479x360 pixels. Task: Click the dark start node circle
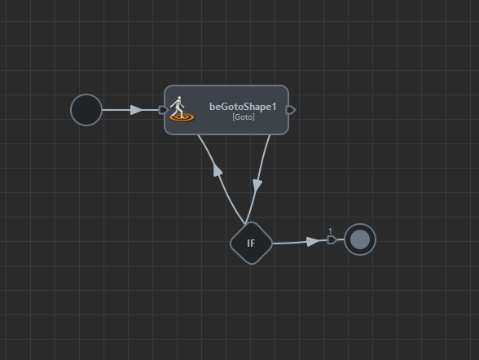point(86,110)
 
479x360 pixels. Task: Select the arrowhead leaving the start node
point(136,110)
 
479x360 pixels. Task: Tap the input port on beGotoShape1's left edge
point(164,110)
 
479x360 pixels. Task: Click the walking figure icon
point(178,108)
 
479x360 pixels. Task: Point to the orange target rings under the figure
point(182,117)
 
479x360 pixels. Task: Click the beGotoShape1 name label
point(243,107)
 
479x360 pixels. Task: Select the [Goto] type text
point(244,117)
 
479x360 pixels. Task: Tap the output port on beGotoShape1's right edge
point(291,110)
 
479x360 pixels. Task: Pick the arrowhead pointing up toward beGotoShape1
point(218,169)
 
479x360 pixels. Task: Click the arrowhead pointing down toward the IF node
point(257,186)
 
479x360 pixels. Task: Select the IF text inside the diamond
point(251,244)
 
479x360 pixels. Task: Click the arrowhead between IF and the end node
point(312,242)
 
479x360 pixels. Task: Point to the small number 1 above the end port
point(330,231)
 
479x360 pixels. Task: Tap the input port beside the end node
point(332,239)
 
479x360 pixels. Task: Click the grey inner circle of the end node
point(360,239)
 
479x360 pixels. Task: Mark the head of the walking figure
point(179,99)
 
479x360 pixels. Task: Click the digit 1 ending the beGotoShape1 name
point(274,107)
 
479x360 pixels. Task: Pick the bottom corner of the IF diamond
point(252,265)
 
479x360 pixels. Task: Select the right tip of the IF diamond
point(273,244)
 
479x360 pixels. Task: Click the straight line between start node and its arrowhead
point(116,110)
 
